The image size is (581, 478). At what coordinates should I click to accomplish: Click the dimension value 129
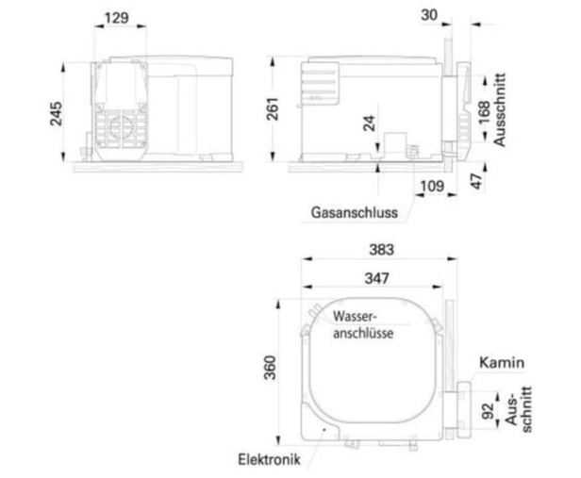click(x=116, y=18)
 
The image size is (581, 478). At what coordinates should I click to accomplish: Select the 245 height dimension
click(x=57, y=114)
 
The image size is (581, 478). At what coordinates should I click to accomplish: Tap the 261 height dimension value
click(x=273, y=108)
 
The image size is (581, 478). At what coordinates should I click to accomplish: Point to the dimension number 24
click(x=369, y=124)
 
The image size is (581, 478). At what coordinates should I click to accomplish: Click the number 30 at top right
click(x=429, y=15)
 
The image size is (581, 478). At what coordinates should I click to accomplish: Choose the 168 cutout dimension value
click(x=484, y=112)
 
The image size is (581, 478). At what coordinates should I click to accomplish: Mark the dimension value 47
click(x=477, y=181)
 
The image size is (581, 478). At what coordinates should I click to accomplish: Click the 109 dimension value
click(x=432, y=185)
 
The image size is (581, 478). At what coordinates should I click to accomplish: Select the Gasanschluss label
click(x=355, y=212)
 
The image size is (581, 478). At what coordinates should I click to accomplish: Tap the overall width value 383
click(x=381, y=250)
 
